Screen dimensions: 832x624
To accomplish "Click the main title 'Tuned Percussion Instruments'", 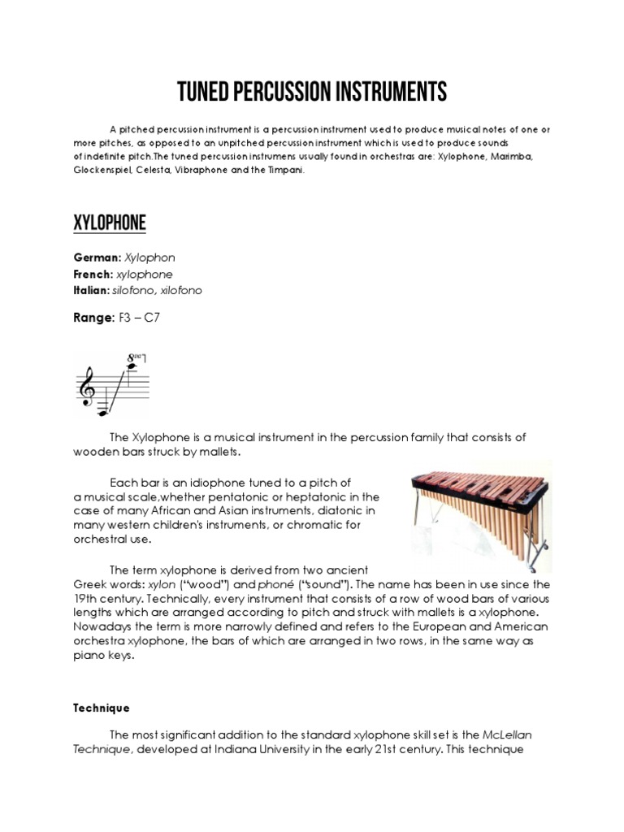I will [312, 92].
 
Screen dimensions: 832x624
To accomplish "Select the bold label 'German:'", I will [96, 258].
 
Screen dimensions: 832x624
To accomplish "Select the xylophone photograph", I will [482, 513].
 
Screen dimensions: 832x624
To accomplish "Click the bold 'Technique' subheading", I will [102, 708].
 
